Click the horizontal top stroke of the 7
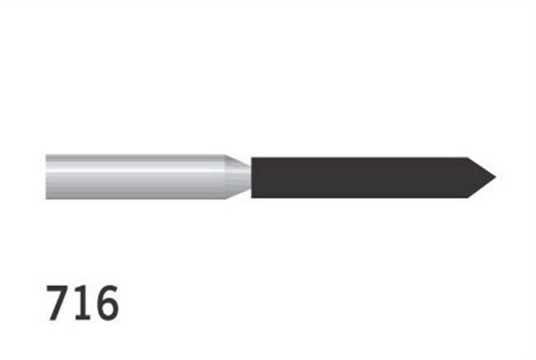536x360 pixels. [x=60, y=287]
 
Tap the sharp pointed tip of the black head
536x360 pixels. [x=495, y=177]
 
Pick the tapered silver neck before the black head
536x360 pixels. [x=240, y=176]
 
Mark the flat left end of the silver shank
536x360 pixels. [x=46, y=176]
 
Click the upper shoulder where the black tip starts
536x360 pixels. [x=467, y=156]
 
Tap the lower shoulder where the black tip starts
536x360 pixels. [x=467, y=198]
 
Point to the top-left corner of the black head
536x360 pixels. [x=251, y=157]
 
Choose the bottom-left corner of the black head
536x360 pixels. [x=251, y=197]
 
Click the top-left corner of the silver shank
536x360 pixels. [x=46, y=154]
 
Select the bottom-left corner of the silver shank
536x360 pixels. [x=46, y=199]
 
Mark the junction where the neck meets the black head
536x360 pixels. [x=251, y=177]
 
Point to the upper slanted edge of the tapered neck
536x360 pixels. [x=238, y=159]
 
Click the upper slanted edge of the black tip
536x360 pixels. [x=481, y=166]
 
